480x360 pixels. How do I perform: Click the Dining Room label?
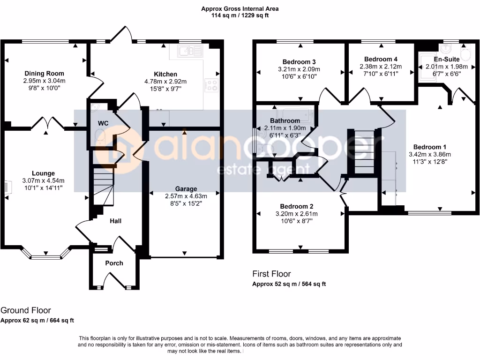tap(44, 74)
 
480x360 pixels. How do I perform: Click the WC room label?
tap(103, 123)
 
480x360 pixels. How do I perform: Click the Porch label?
tap(114, 263)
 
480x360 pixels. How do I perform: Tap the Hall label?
tap(116, 221)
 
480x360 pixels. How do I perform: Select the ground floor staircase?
tap(103, 188)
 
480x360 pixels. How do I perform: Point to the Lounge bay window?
tap(46, 255)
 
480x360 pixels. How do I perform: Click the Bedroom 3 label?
tap(299, 62)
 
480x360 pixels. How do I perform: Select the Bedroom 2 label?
tap(297, 206)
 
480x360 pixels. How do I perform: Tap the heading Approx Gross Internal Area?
tap(240, 8)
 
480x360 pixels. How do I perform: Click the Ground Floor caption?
tap(26, 310)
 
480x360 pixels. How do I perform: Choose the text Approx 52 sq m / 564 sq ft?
tap(289, 284)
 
